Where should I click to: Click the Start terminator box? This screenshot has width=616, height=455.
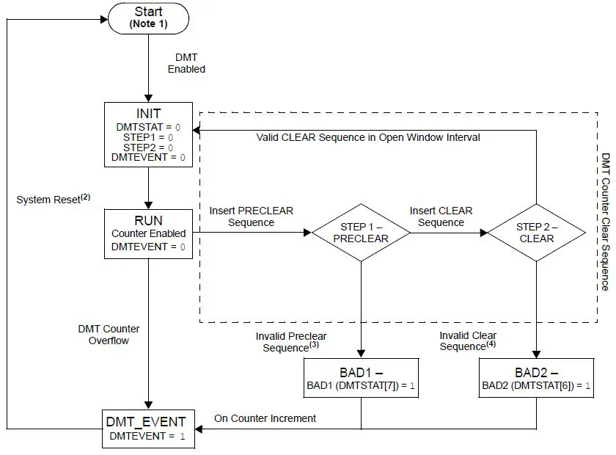[149, 18]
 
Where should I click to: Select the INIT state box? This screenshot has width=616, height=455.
[149, 135]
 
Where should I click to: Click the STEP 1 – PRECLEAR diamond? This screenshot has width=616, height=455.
[360, 233]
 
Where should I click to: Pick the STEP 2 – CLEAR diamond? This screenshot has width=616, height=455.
[536, 233]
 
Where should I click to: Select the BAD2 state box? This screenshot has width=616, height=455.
[536, 378]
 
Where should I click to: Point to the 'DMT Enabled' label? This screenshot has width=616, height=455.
[186, 63]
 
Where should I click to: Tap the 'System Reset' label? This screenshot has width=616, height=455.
[53, 199]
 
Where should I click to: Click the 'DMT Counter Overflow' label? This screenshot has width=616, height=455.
[109, 335]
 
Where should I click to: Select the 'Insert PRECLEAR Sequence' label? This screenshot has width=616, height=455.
[251, 216]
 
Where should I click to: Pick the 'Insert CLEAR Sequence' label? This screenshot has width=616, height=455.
[440, 216]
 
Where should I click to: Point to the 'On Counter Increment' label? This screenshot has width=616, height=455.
[265, 418]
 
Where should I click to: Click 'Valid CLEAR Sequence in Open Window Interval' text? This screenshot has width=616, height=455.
[368, 137]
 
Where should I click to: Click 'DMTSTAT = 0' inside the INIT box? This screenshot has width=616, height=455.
[147, 127]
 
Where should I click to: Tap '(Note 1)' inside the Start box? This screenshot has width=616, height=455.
[149, 24]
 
